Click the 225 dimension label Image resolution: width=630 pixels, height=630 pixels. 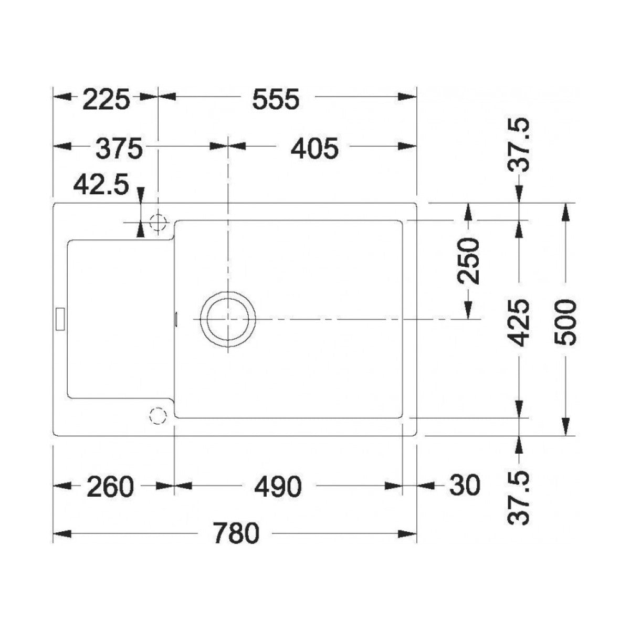coord(106,99)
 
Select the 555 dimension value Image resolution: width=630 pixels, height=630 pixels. coord(276,99)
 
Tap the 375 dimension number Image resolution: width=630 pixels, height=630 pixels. coord(119,148)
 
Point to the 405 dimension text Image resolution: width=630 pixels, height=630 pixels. coord(314,148)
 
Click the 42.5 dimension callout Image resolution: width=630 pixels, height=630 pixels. coord(101,185)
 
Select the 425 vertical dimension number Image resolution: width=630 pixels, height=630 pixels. coord(520,322)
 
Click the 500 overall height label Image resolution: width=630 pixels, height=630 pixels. coord(565,322)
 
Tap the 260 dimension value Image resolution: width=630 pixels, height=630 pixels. coord(110,487)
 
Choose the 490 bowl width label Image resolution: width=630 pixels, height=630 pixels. coord(278,487)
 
